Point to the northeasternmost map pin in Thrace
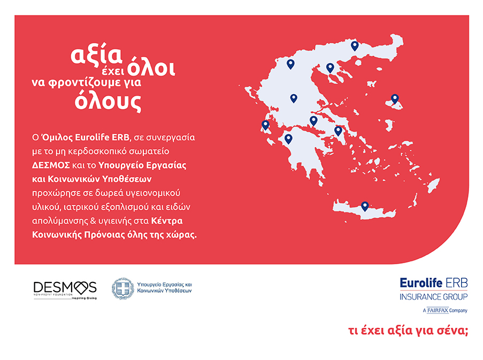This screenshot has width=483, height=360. point(354,46)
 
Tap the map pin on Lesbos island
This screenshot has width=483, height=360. point(395,99)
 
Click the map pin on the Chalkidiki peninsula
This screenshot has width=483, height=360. point(330,68)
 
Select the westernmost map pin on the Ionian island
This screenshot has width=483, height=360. point(265,125)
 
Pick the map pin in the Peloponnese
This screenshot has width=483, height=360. point(288,139)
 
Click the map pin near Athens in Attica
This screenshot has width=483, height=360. point(338,131)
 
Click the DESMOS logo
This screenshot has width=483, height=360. point(65,288)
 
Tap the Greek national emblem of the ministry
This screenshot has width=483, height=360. point(122,288)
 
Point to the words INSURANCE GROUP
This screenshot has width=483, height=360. point(433,297)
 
